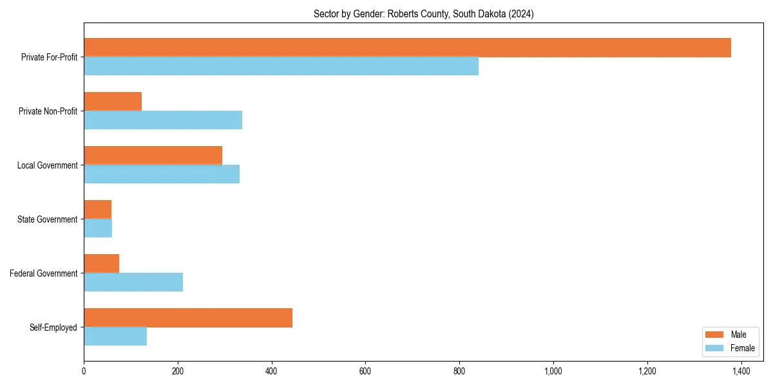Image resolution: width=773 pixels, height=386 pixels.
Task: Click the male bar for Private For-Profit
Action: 407,48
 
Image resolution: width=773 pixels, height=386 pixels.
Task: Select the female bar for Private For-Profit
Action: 281,66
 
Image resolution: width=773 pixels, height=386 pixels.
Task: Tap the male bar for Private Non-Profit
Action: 113,102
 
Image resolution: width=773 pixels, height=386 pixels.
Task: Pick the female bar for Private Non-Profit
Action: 163,120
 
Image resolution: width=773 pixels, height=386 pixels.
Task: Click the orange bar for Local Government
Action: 153,156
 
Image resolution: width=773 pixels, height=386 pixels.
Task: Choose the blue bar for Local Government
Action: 162,174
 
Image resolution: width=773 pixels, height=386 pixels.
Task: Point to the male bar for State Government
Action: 97,210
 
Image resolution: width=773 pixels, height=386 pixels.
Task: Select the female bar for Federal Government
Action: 133,282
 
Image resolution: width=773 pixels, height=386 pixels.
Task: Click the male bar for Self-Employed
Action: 188,318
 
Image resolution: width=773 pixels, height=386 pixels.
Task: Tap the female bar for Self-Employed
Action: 115,336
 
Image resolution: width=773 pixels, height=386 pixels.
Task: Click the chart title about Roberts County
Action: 423,14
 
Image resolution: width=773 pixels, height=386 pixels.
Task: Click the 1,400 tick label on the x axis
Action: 741,371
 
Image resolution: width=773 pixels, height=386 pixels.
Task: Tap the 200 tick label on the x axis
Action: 178,371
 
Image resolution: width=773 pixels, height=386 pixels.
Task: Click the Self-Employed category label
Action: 53,327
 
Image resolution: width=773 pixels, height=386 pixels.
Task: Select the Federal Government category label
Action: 44,273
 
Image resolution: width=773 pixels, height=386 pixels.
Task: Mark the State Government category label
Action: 48,219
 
